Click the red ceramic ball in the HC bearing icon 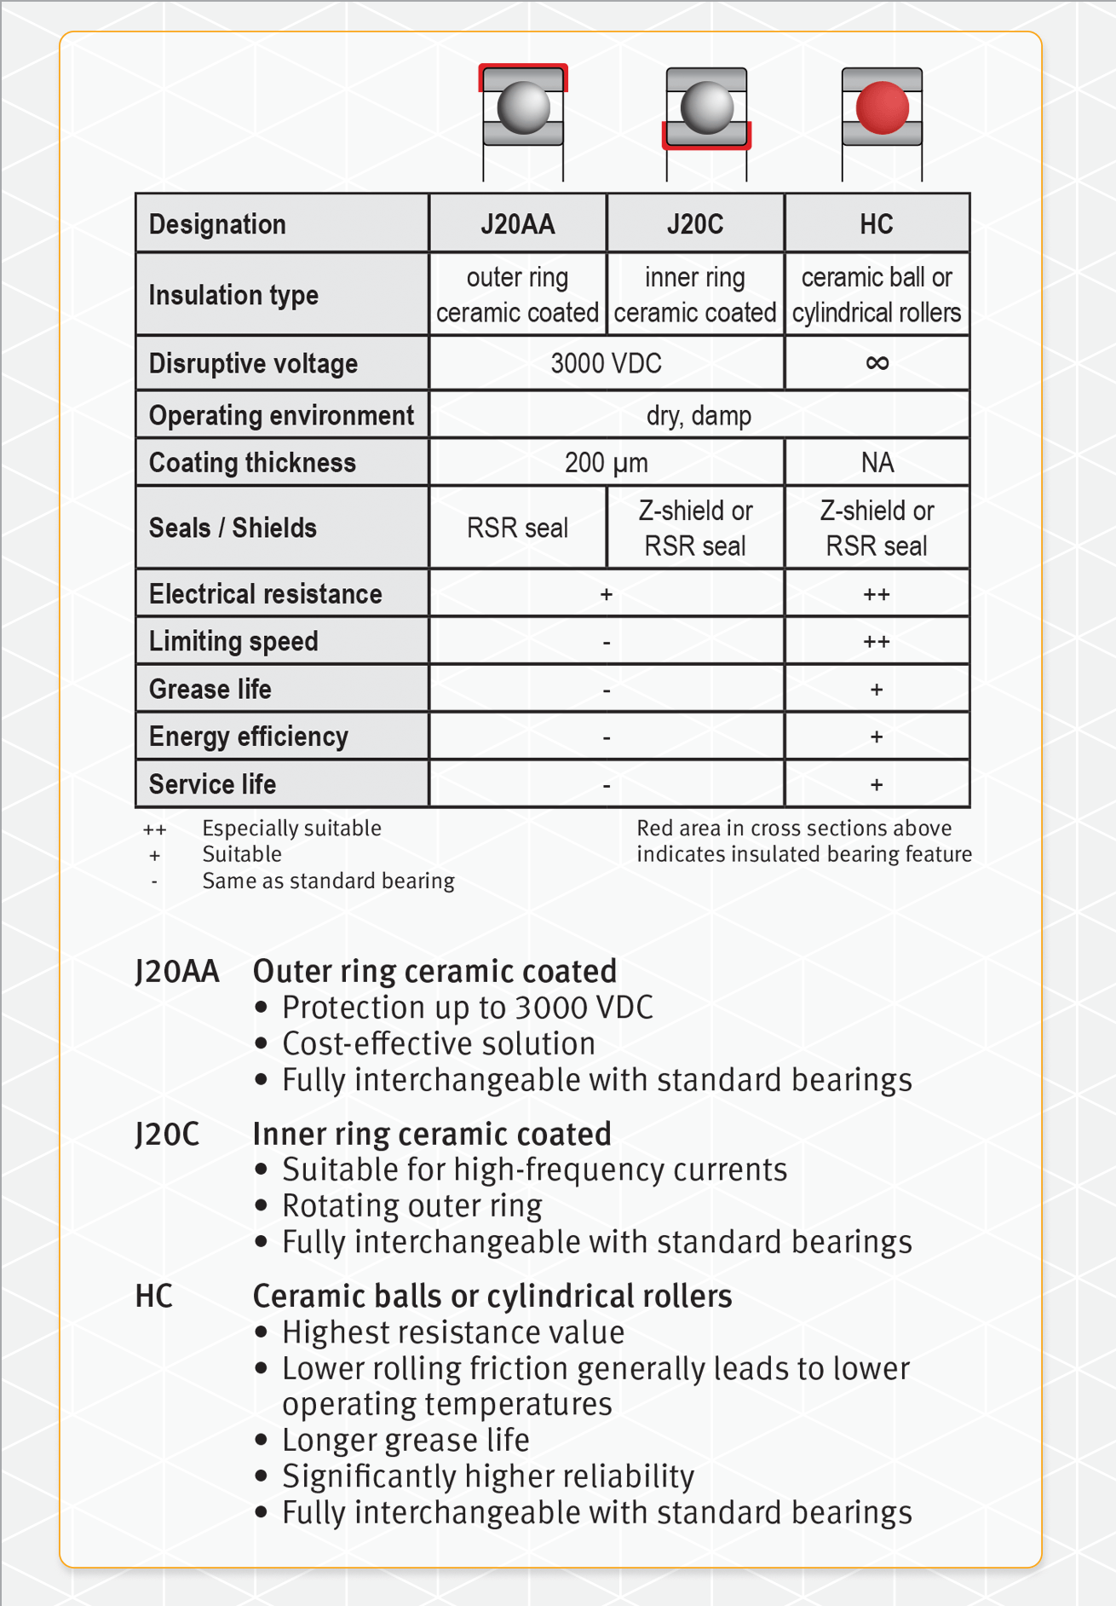point(882,108)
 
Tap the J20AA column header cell point(517,224)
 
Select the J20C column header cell point(695,224)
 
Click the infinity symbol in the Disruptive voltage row point(877,363)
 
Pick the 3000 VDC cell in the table point(606,364)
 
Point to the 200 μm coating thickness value point(606,463)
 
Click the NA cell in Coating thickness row point(877,463)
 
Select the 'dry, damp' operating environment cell point(699,416)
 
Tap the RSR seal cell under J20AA point(517,529)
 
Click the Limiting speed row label point(233,642)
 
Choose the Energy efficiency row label point(248,737)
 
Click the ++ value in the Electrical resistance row point(877,595)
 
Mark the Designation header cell point(217,224)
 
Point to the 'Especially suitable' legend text point(291,829)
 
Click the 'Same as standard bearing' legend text point(328,881)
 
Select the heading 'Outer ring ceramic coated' point(434,972)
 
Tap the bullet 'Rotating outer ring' point(411,1206)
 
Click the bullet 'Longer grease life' point(406,1441)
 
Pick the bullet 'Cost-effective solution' point(439,1044)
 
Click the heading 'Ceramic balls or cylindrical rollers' point(492,1297)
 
